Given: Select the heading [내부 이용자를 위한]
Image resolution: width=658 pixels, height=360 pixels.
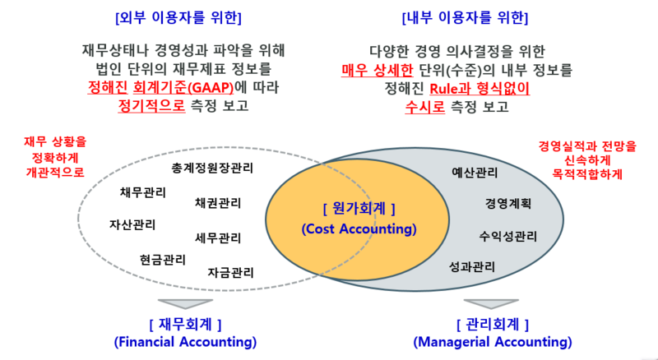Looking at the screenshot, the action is point(465,17).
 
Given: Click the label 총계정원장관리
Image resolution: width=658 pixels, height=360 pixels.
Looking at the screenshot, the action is point(212,168).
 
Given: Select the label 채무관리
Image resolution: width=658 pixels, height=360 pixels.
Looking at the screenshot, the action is point(142,193).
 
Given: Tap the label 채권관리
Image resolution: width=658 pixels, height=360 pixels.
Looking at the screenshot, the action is point(218,202).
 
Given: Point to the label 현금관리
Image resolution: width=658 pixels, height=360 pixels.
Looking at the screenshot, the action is point(162,260).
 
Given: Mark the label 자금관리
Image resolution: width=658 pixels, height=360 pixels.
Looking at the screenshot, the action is point(230,271).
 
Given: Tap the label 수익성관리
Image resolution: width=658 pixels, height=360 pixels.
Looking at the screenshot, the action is point(507,237).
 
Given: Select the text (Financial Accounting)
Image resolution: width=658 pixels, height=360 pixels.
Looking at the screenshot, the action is point(185,341).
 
